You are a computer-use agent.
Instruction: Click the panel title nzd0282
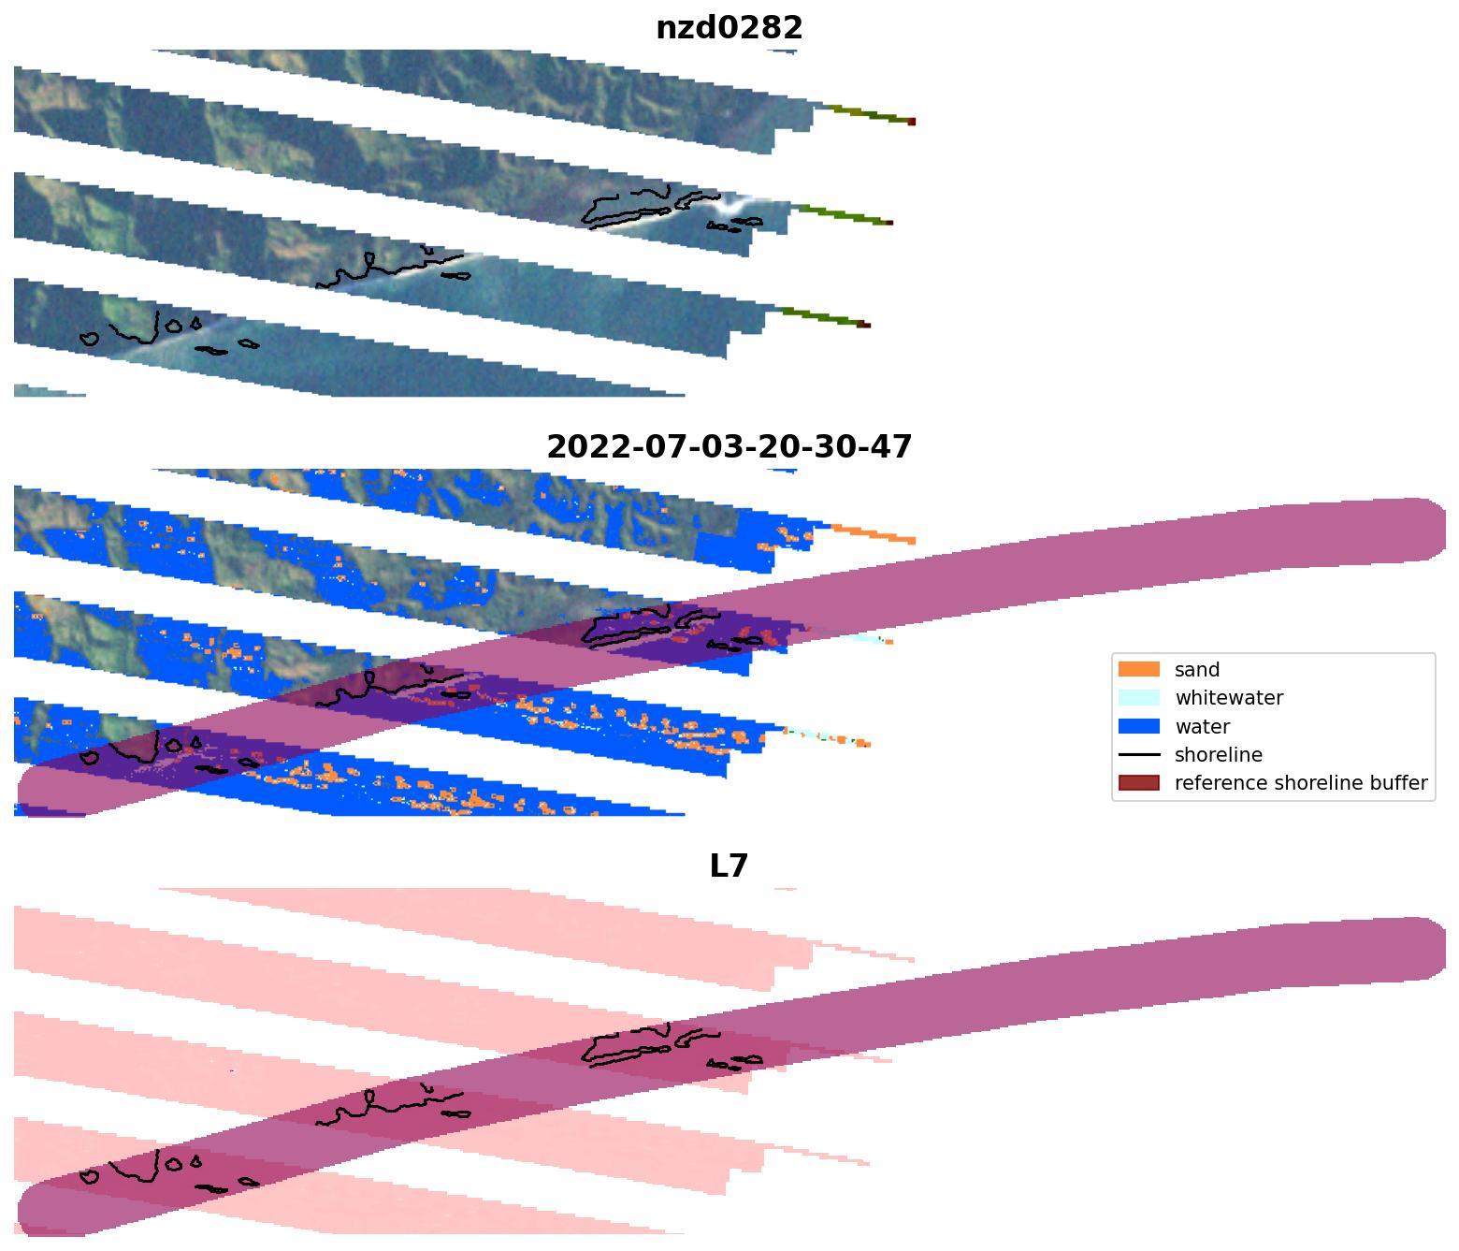(x=729, y=28)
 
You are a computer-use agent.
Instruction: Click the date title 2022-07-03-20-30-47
(x=729, y=447)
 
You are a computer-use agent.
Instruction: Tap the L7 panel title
(x=729, y=866)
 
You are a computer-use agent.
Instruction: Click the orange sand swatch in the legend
(x=1138, y=670)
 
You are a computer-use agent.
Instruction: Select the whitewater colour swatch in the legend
(x=1138, y=698)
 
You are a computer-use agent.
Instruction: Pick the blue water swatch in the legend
(x=1138, y=727)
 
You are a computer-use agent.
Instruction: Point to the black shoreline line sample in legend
(x=1138, y=755)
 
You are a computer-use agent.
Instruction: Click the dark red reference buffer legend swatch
(x=1138, y=783)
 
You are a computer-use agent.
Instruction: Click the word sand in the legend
(x=1197, y=670)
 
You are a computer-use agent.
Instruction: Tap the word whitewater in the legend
(x=1229, y=698)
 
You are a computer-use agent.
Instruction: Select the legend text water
(x=1202, y=727)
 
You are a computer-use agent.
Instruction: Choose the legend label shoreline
(x=1218, y=755)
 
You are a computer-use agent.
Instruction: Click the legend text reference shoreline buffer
(x=1301, y=783)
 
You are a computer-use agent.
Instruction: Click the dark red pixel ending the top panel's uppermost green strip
(x=912, y=122)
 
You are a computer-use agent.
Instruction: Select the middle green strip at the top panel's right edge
(x=842, y=216)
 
